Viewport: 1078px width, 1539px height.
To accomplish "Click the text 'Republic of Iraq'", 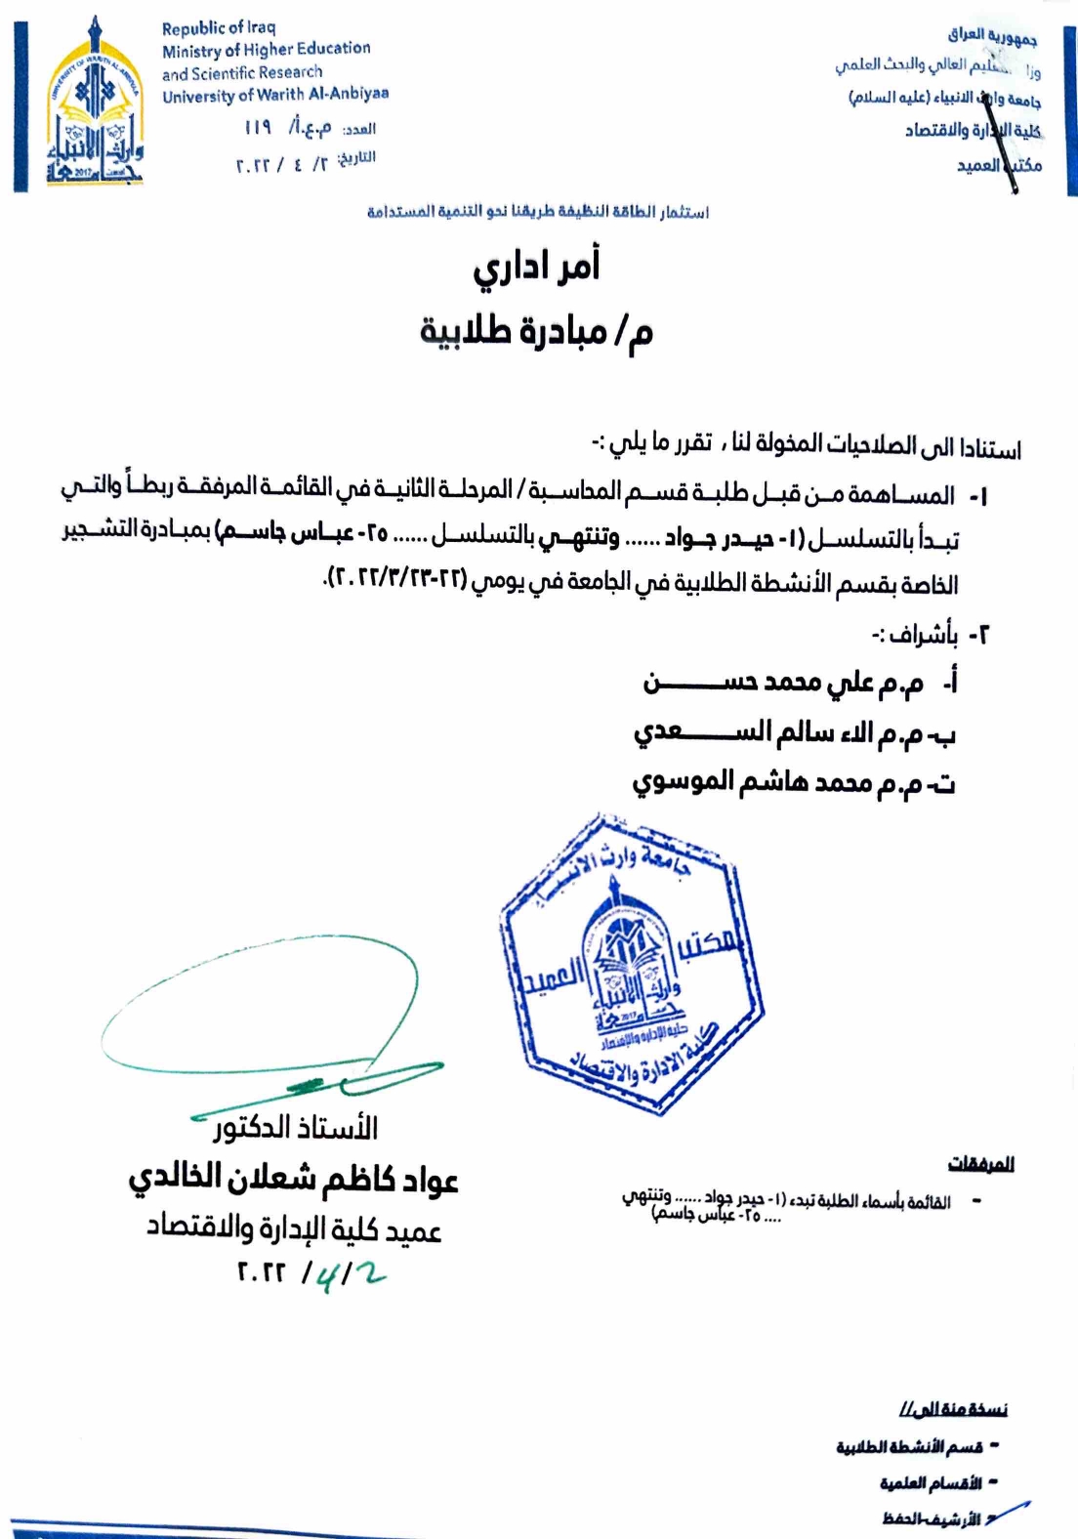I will tap(219, 27).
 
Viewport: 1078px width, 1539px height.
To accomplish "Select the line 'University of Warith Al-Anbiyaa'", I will tap(275, 95).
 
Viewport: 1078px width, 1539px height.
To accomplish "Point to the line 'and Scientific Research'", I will tap(242, 72).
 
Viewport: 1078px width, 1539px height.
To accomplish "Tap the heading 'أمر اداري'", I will tap(536, 267).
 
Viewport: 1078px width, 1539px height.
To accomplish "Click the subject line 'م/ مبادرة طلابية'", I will tap(536, 331).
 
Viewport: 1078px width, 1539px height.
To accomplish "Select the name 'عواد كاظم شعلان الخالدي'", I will tap(294, 1179).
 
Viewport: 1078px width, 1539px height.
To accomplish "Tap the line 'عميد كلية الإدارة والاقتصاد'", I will tap(294, 1228).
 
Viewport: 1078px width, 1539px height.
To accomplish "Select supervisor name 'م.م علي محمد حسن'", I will tap(782, 683).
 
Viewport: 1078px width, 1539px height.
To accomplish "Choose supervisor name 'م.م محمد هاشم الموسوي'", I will tap(792, 782).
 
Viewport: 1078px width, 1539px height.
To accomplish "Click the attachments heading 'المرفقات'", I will tap(980, 1163).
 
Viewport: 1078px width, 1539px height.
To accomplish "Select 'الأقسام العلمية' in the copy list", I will tap(930, 1483).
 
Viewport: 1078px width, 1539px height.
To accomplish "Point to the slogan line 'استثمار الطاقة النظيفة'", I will tap(538, 211).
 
